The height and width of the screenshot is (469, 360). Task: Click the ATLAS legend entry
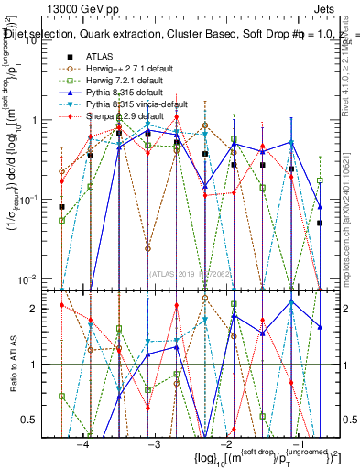point(101,57)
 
